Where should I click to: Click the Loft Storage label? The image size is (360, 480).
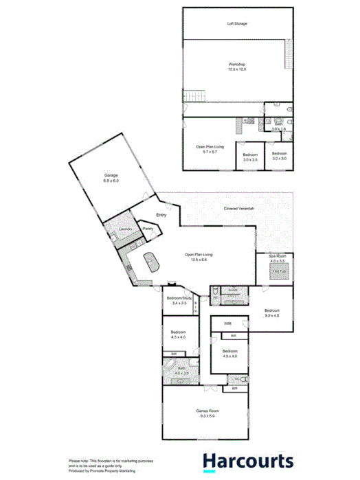[x=237, y=23]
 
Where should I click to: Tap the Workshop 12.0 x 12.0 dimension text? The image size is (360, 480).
[x=237, y=69]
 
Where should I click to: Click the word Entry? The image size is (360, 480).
[x=162, y=216]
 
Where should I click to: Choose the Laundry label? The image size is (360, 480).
[x=125, y=229]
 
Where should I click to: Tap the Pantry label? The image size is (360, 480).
[x=148, y=229]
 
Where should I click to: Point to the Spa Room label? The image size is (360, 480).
[x=277, y=256]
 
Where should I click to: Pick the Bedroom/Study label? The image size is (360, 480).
[x=179, y=298]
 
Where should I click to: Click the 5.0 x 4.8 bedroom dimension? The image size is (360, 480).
[x=273, y=315]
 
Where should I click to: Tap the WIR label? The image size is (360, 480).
[x=227, y=323]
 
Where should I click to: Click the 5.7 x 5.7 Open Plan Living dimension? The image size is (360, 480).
[x=209, y=151]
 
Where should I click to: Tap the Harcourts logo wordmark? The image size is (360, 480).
[x=247, y=461]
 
